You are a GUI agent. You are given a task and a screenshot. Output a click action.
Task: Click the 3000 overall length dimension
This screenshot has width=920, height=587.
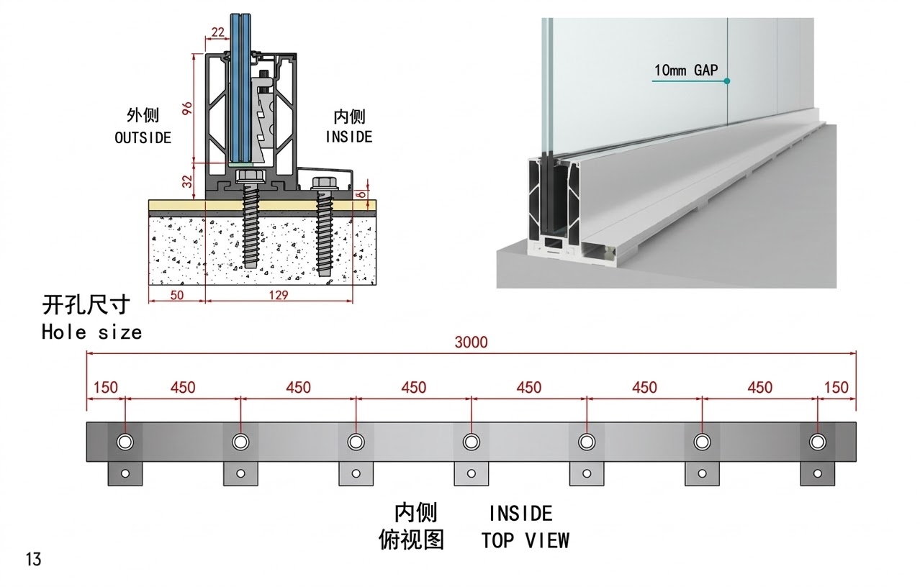(471, 342)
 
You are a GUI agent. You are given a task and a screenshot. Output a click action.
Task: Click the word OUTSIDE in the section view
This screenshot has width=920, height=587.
(143, 137)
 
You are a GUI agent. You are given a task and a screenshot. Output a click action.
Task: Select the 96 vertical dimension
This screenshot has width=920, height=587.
(186, 109)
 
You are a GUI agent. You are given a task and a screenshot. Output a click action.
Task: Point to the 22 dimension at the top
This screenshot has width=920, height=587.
(218, 32)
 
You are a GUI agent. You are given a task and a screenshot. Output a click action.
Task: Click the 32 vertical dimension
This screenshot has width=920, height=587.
(186, 181)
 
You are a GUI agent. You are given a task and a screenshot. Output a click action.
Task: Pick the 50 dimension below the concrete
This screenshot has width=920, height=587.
(176, 295)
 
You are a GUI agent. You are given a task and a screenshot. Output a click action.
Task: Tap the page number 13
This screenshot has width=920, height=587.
(33, 559)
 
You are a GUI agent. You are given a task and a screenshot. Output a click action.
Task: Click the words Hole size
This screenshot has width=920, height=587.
(91, 332)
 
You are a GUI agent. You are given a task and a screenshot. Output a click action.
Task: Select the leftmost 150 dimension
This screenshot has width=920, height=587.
(105, 388)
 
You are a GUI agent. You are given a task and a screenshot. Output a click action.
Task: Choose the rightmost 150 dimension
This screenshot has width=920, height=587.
(836, 388)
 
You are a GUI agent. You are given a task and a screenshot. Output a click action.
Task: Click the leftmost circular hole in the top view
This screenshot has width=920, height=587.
(125, 441)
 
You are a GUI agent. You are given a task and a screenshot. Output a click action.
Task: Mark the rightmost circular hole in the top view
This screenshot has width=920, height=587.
(817, 441)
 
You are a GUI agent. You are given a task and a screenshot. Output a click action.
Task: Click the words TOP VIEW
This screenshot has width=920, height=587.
(525, 540)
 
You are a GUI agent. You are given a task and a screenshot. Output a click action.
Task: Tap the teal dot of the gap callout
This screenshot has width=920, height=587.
(727, 81)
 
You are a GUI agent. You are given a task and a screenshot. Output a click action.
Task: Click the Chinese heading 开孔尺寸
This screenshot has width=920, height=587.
(86, 306)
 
